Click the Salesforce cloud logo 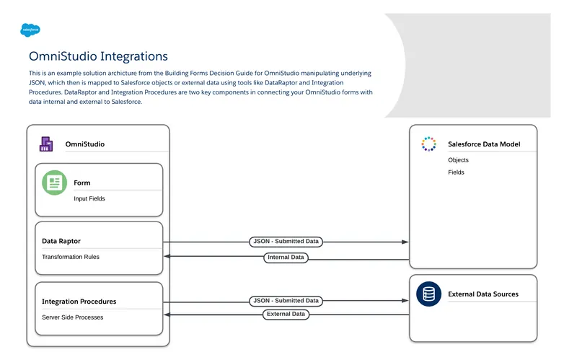pos(30,30)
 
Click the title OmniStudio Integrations pos(98,56)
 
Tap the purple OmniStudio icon pos(46,144)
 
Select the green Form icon pos(54,183)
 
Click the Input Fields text pos(89,198)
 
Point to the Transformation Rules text pos(71,257)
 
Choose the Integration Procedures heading pos(79,302)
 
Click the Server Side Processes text pos(72,317)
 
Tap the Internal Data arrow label pos(286,257)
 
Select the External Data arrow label pos(286,314)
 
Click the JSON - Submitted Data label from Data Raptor pos(286,241)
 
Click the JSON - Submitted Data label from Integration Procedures pos(286,300)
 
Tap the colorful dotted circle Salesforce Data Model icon pos(428,144)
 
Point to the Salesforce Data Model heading pos(483,144)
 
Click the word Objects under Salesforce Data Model pos(458,160)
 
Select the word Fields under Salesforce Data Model pos(456,172)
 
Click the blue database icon pos(429,294)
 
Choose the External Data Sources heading pos(483,294)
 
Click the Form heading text pos(81,183)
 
